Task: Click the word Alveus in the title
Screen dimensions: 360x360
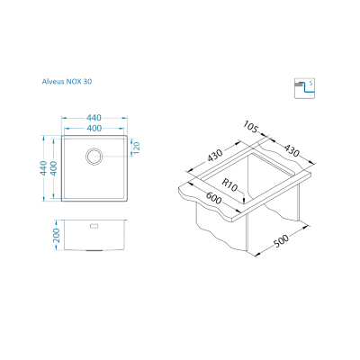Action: click(x=53, y=81)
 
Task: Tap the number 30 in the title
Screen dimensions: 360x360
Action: click(x=87, y=81)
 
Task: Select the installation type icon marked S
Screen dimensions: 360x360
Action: click(x=304, y=88)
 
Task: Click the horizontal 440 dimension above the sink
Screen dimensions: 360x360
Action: click(x=94, y=118)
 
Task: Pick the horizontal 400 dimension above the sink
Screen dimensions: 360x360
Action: click(x=94, y=128)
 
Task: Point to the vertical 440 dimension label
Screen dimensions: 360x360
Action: click(x=44, y=168)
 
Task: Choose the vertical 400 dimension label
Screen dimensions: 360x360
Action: click(x=54, y=168)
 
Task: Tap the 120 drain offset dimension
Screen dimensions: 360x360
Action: click(x=137, y=148)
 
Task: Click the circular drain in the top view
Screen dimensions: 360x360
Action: click(x=94, y=156)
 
